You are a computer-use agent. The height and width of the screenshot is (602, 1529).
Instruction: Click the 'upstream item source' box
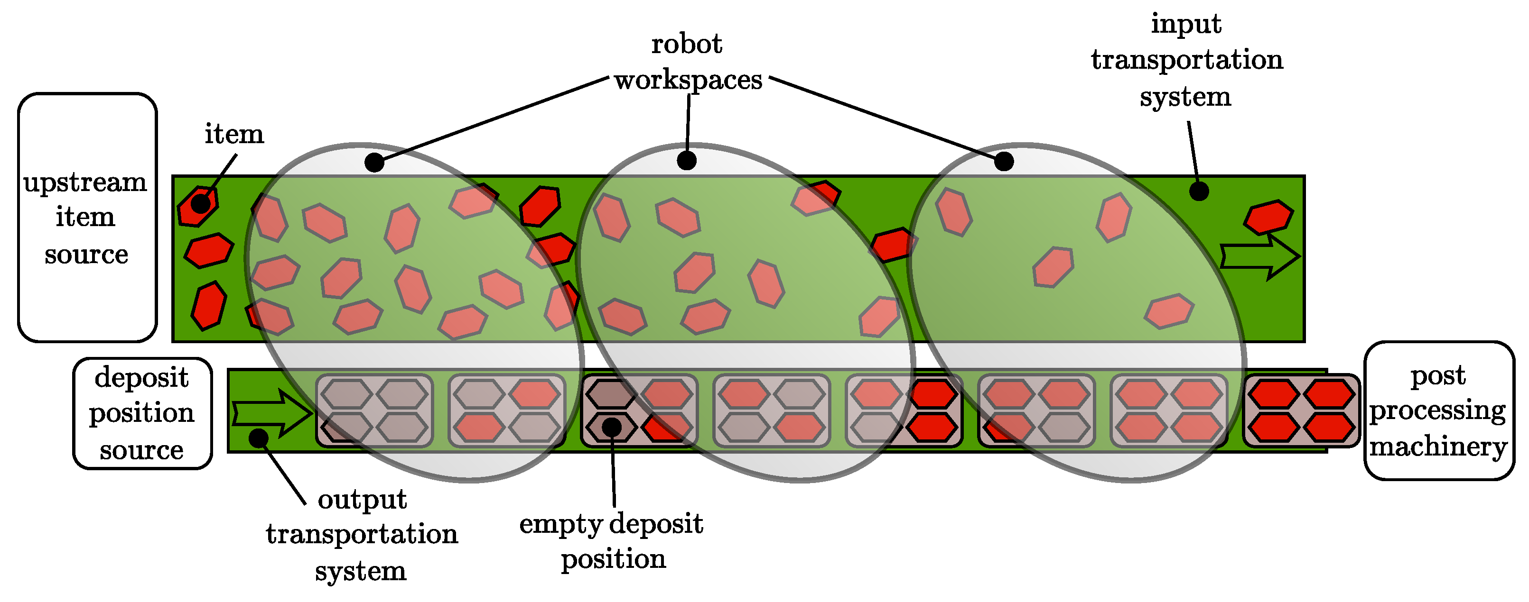(x=87, y=217)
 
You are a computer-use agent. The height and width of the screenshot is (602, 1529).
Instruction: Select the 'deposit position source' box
(x=142, y=413)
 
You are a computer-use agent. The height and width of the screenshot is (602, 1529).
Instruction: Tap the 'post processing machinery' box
(x=1439, y=410)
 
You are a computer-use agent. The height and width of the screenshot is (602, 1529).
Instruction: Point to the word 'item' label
(x=234, y=134)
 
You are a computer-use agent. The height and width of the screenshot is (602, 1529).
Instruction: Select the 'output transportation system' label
(x=362, y=534)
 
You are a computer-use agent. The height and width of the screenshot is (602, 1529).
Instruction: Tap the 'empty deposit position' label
(x=611, y=540)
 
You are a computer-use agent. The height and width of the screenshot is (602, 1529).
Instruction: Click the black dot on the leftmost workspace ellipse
(x=374, y=162)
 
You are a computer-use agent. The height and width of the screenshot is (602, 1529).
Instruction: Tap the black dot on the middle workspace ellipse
(x=687, y=160)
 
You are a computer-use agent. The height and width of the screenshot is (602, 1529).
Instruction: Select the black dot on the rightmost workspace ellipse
(x=1004, y=161)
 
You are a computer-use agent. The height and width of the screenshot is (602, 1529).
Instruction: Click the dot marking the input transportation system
(x=1199, y=191)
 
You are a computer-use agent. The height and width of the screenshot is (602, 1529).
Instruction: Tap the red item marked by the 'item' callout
(x=198, y=206)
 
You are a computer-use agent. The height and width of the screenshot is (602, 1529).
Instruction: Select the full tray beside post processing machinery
(x=1301, y=410)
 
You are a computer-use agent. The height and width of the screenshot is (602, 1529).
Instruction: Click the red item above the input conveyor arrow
(x=1268, y=217)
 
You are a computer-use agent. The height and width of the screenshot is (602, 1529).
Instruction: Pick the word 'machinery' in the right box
(x=1438, y=446)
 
